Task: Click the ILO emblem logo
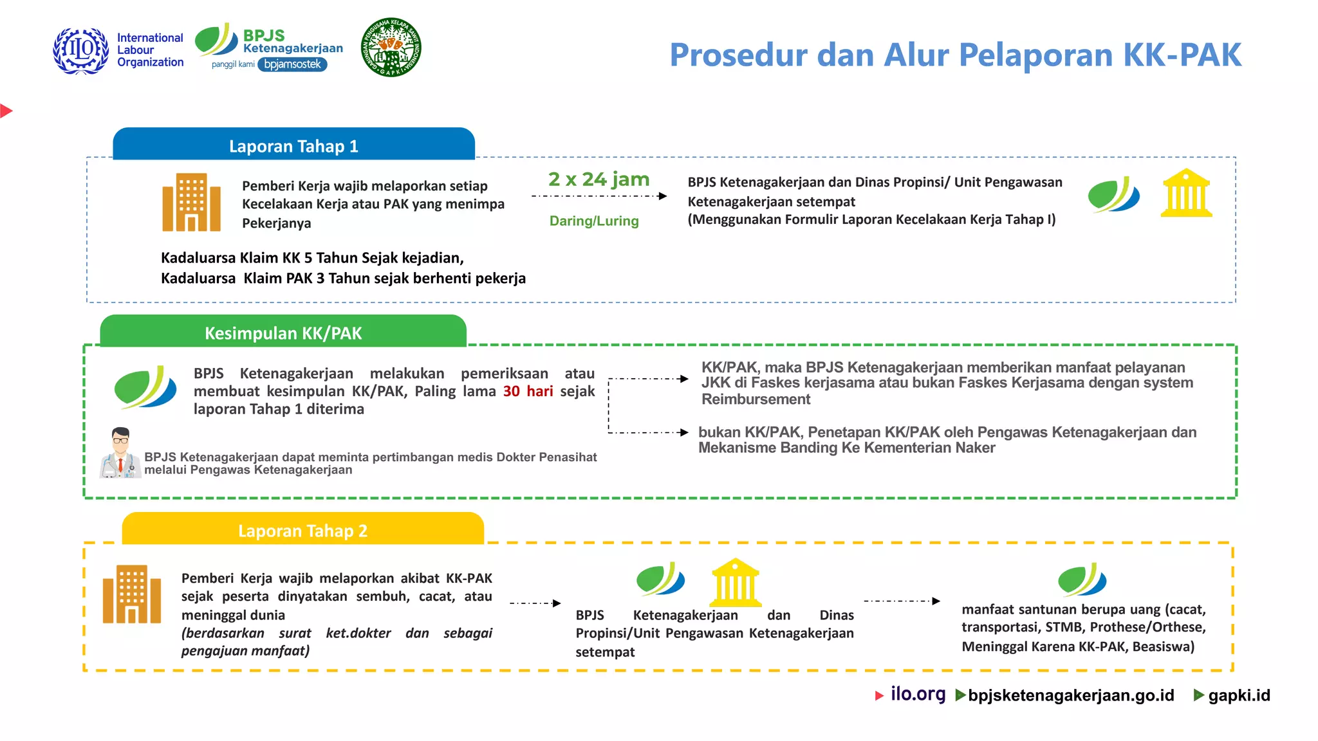click(x=81, y=50)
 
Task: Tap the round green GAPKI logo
click(x=391, y=47)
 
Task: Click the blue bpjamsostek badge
click(x=293, y=64)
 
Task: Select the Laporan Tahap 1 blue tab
click(x=293, y=145)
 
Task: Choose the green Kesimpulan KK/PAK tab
click(x=283, y=333)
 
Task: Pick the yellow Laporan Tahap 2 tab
click(x=302, y=530)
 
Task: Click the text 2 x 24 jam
click(x=599, y=179)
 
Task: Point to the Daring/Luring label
click(x=594, y=221)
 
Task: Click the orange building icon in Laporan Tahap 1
click(x=191, y=202)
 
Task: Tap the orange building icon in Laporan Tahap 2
click(x=132, y=594)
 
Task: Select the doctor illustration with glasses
click(x=120, y=453)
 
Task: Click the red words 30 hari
click(x=528, y=391)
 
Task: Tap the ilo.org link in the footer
click(x=918, y=694)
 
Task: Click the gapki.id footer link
click(x=1239, y=695)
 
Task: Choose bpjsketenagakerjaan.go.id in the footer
click(x=1071, y=695)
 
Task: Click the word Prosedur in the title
click(x=738, y=55)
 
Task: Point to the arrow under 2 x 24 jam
click(x=599, y=196)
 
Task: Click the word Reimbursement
click(x=756, y=399)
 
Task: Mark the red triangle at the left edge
click(x=6, y=111)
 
